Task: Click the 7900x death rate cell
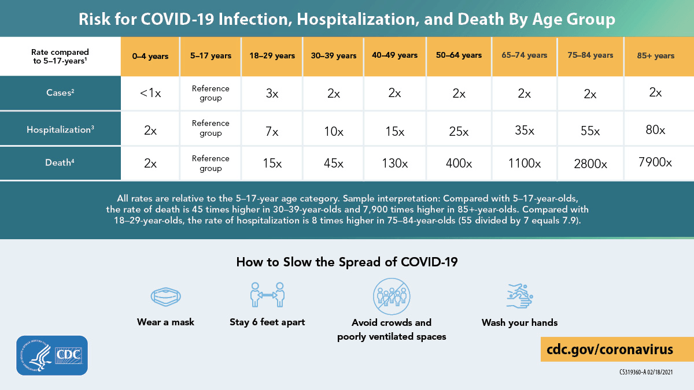click(655, 162)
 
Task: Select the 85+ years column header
click(656, 56)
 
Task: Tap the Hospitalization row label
click(60, 129)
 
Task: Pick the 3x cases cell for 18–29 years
click(271, 94)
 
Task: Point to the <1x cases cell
click(150, 94)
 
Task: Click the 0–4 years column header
click(150, 56)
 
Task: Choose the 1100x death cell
click(525, 164)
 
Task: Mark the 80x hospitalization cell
click(655, 130)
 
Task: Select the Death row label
click(60, 163)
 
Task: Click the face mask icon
click(166, 297)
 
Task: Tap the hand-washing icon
click(519, 296)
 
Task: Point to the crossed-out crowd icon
click(391, 295)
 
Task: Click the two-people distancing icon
click(267, 295)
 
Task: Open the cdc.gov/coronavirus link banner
click(610, 350)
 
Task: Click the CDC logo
click(53, 355)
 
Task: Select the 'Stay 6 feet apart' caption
click(267, 322)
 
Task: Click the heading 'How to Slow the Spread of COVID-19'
click(347, 262)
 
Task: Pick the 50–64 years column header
click(459, 55)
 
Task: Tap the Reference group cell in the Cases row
click(211, 94)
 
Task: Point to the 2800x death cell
click(590, 164)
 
